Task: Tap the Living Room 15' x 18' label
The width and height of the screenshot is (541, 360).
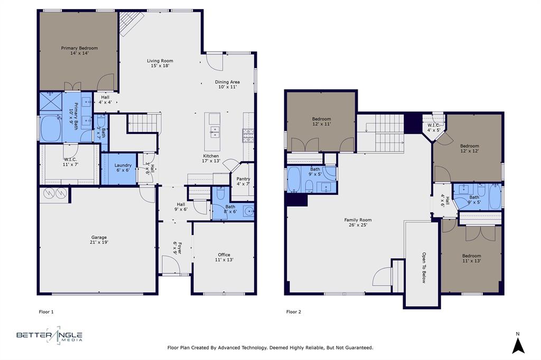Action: (x=160, y=64)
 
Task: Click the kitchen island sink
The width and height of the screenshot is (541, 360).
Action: (x=214, y=131)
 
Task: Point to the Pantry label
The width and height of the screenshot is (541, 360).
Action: (x=243, y=182)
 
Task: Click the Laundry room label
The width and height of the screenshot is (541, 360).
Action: (x=123, y=168)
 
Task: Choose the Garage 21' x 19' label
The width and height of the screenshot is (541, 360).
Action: (x=99, y=241)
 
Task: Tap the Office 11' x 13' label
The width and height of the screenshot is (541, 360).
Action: (x=224, y=257)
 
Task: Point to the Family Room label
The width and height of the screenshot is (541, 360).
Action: (x=358, y=222)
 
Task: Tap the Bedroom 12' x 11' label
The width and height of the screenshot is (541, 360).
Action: (x=321, y=122)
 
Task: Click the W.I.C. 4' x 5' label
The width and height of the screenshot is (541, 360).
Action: (x=434, y=127)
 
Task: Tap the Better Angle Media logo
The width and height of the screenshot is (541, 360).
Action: (x=49, y=336)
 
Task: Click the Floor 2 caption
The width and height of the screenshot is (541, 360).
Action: (x=294, y=312)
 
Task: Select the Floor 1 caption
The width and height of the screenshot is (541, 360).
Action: (x=46, y=312)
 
